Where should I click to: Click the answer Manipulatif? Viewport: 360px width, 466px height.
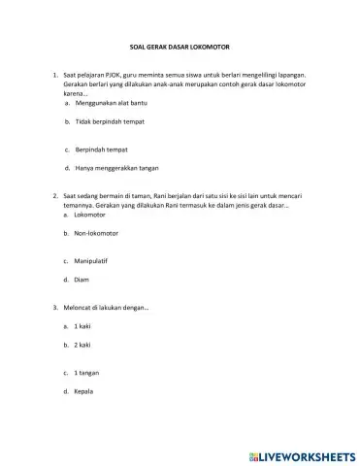(x=92, y=261)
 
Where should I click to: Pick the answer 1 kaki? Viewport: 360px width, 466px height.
(x=83, y=327)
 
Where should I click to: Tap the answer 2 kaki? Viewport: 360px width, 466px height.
(x=83, y=346)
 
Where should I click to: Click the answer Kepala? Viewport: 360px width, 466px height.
(x=86, y=392)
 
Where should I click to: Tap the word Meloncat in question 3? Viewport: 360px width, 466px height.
(x=78, y=307)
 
